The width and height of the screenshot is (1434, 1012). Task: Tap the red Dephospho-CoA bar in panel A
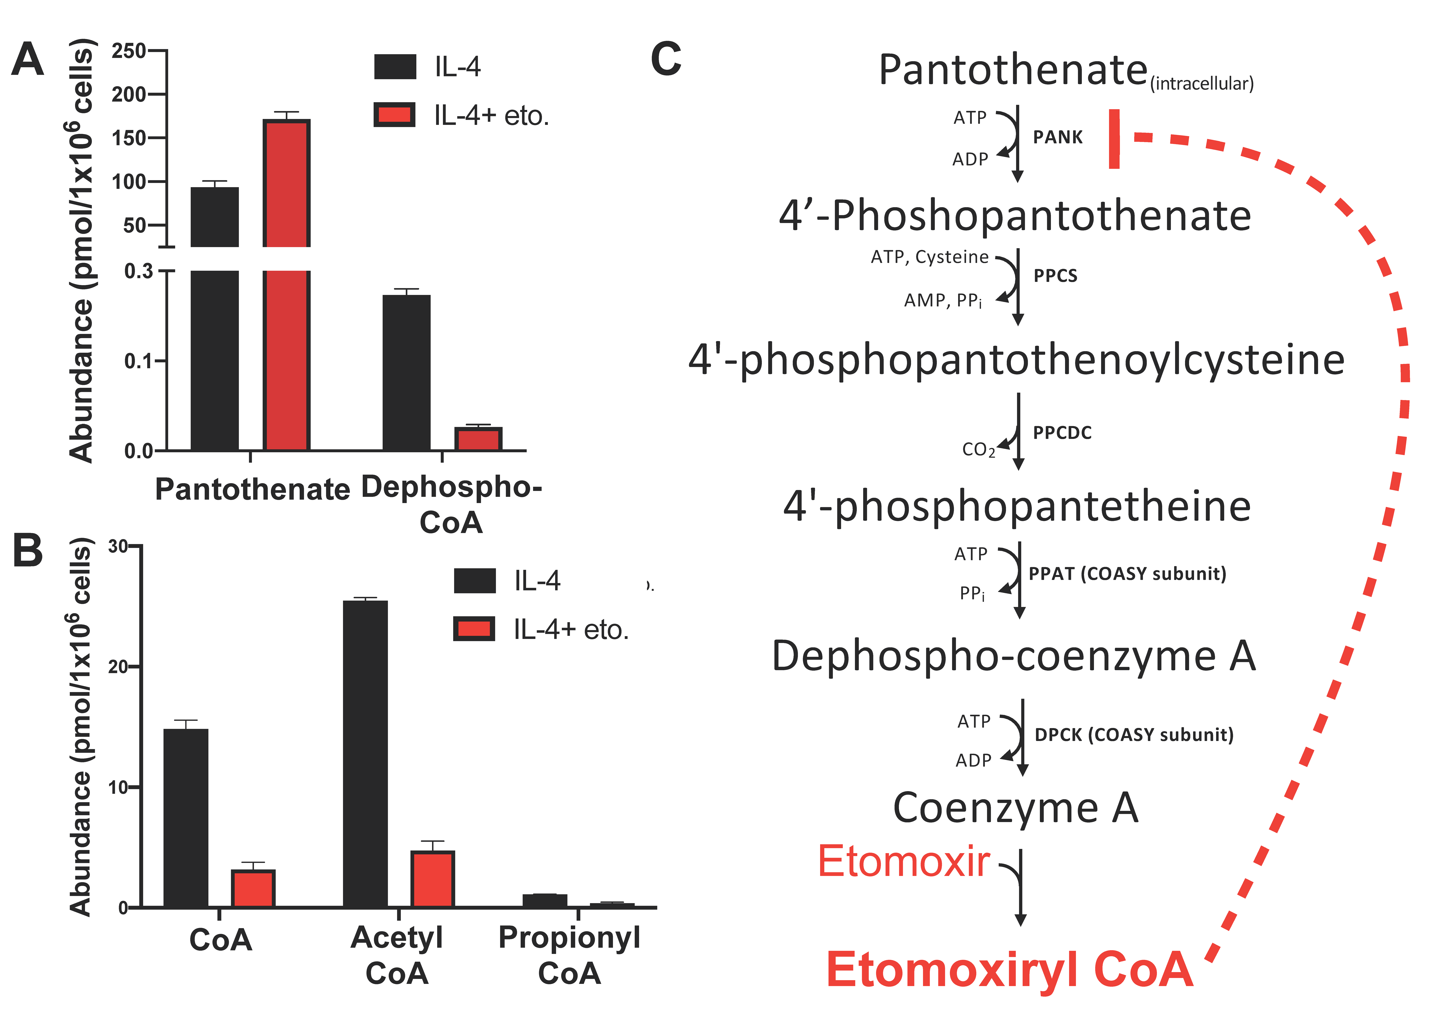click(478, 439)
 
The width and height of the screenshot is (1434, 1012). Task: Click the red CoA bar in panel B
click(253, 888)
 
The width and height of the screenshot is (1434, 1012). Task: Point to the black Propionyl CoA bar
click(545, 900)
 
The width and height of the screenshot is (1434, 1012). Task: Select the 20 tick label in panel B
click(118, 667)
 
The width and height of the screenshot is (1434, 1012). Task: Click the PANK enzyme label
click(1057, 137)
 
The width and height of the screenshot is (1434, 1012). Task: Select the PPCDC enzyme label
click(1062, 433)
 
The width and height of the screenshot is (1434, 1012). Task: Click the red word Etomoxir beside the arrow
click(903, 862)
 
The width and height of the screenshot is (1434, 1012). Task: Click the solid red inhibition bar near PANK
click(1114, 139)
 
